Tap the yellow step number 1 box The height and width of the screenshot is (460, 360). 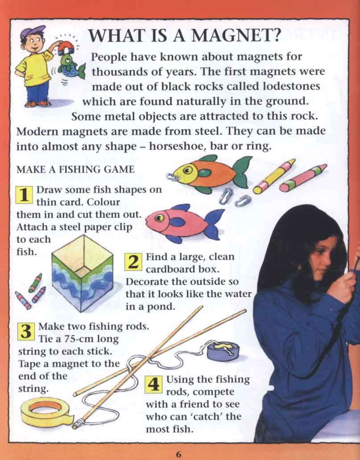point(24,195)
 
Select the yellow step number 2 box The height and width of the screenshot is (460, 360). point(133,262)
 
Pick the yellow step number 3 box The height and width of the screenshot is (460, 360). point(26,332)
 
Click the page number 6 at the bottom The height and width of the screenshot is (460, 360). point(179,455)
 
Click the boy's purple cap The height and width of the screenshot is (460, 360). point(32,32)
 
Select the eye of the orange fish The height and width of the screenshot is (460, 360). point(187,170)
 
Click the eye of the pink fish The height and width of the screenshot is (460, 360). point(159,218)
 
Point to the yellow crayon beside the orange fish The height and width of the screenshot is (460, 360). point(274,176)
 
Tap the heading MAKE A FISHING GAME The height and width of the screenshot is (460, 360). point(75,170)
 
